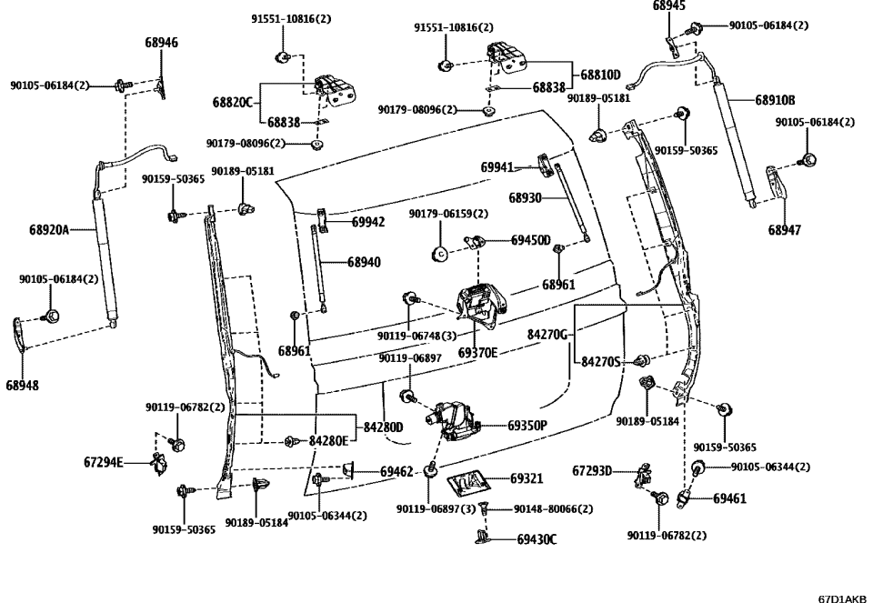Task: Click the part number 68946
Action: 161,42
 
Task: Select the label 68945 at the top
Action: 669,6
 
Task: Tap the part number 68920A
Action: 49,231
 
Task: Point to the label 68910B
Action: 775,100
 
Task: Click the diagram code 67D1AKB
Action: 842,598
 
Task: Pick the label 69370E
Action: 477,352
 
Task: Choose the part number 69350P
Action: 527,425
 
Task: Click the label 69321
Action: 527,478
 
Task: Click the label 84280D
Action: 383,426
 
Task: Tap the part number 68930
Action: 525,197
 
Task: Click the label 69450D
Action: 530,240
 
